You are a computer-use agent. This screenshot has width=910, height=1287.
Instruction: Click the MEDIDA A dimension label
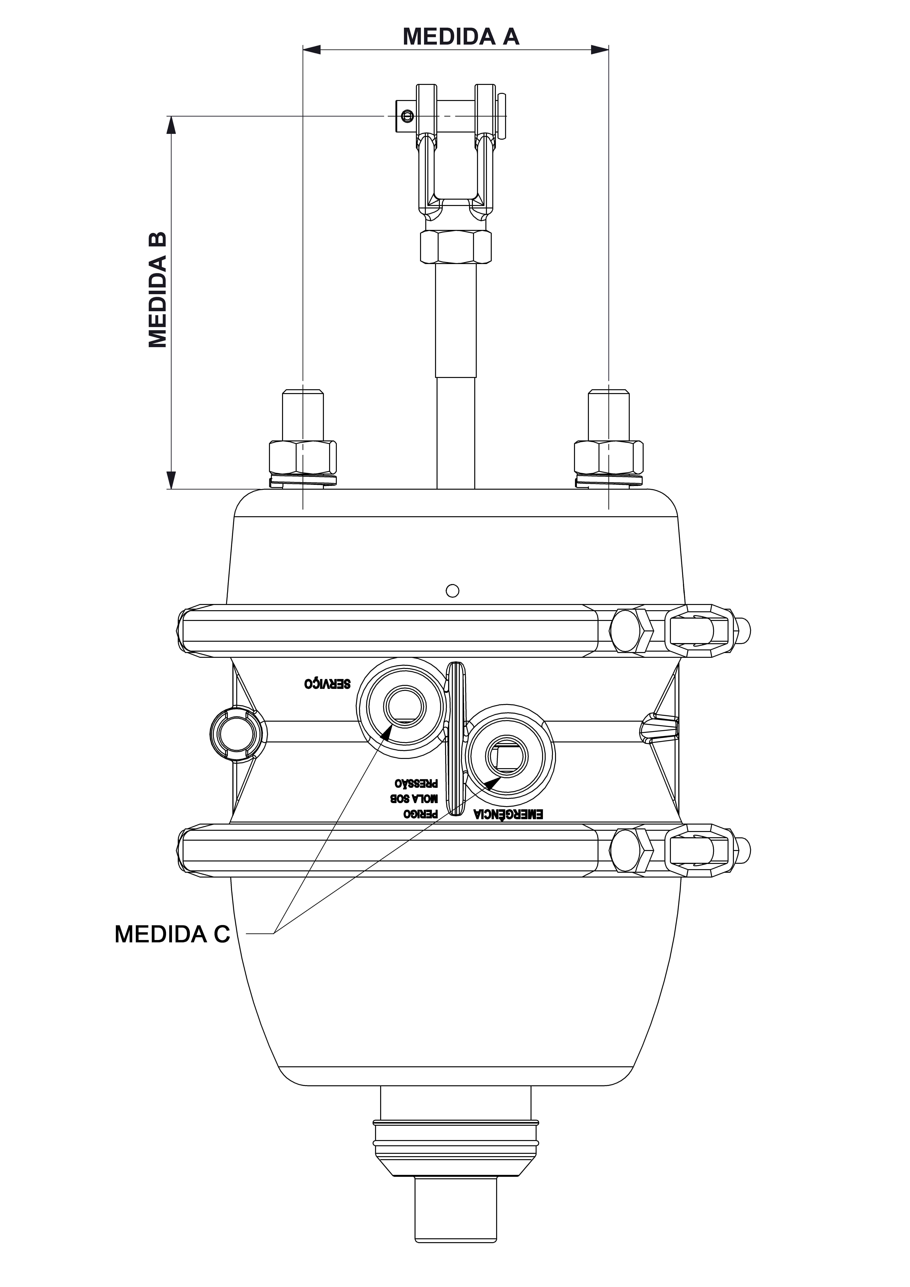pyautogui.click(x=461, y=36)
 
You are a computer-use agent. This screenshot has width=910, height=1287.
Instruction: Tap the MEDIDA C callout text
pyautogui.click(x=172, y=934)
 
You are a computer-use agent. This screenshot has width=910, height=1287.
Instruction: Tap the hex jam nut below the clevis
pyautogui.click(x=455, y=246)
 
